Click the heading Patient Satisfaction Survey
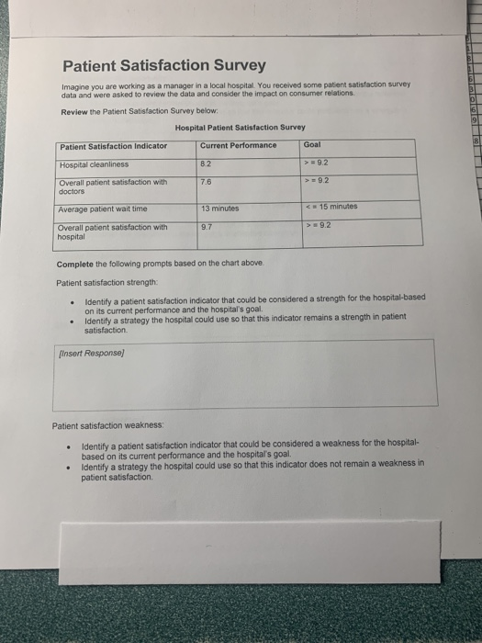click(x=163, y=65)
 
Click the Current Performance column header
click(x=237, y=145)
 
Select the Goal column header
click(x=314, y=144)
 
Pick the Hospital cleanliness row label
click(x=94, y=164)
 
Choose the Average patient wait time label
click(x=102, y=209)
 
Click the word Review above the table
click(x=74, y=111)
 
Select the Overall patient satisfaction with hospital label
click(x=113, y=231)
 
